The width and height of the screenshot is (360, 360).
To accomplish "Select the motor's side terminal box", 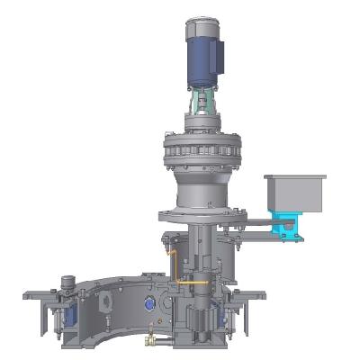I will [x=217, y=59].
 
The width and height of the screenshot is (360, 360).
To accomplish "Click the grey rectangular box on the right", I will [x=293, y=193].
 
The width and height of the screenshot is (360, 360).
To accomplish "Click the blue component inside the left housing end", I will [x=61, y=319].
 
